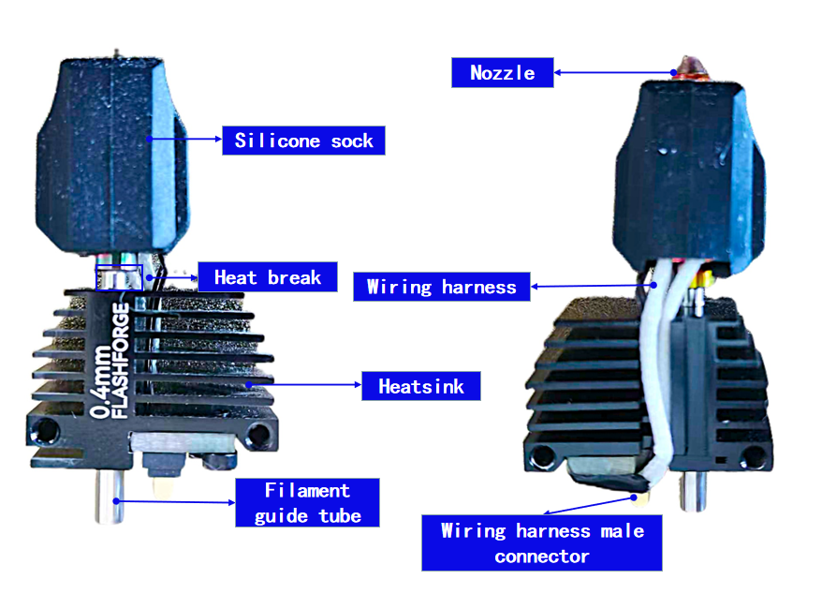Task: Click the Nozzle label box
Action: pos(502,72)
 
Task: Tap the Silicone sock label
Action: pos(303,141)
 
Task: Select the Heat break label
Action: pos(268,277)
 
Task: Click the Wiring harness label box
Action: pos(441,287)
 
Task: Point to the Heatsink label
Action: pos(421,386)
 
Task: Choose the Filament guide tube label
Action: pos(307,503)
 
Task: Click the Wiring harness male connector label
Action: pos(541,542)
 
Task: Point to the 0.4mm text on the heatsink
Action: pos(101,381)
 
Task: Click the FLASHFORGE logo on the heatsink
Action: pos(121,361)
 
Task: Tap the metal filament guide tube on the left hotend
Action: pos(109,497)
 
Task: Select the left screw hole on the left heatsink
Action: pos(45,430)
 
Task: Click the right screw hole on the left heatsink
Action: pos(258,435)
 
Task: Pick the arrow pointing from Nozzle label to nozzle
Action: pos(614,72)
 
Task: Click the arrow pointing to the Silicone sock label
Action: pos(185,139)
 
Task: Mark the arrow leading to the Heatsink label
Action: pos(304,385)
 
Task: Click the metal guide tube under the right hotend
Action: pos(693,491)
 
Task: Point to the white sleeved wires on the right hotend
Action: pos(651,367)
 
